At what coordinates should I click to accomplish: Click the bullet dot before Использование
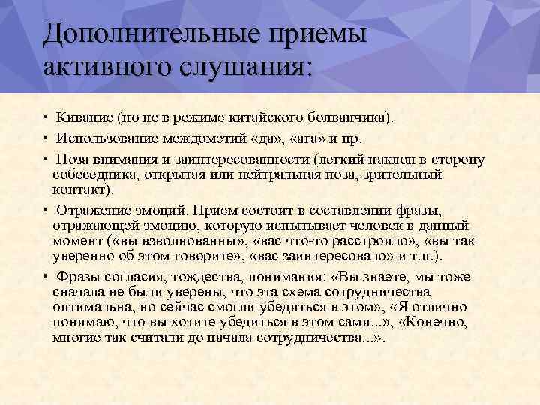tap(46, 139)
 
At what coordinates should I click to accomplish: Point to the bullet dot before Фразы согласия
tap(46, 277)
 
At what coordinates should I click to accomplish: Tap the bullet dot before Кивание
tap(46, 118)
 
